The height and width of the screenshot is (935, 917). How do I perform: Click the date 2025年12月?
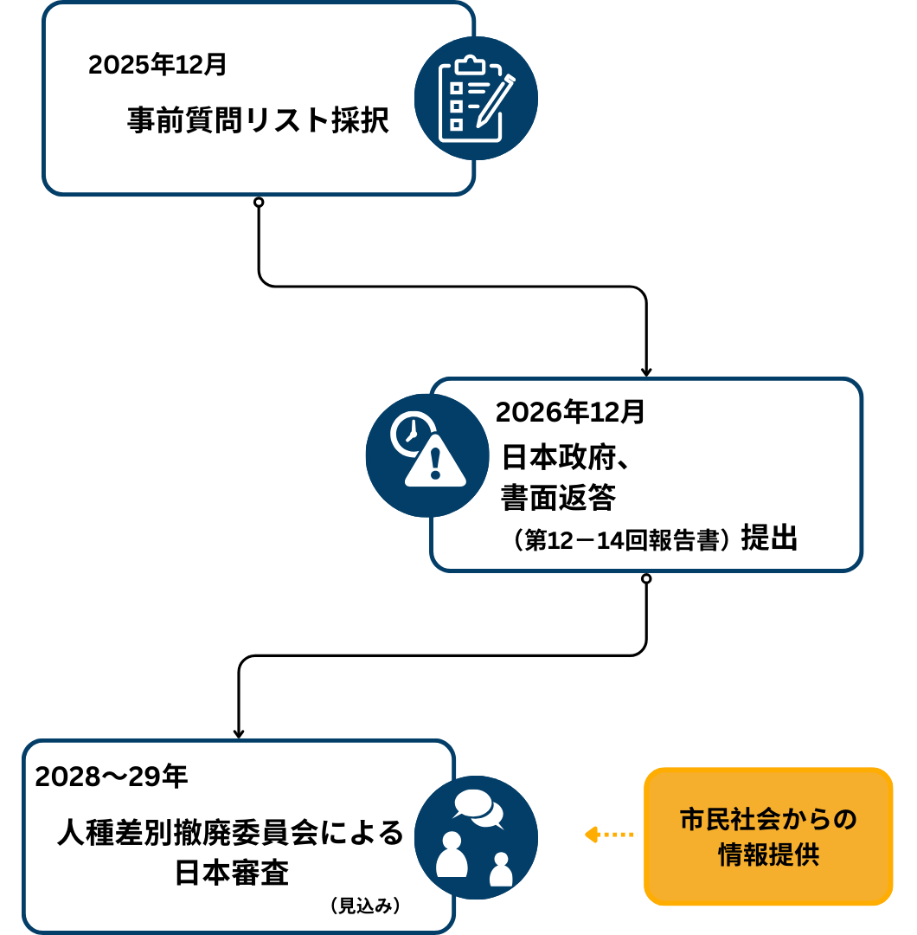point(157,66)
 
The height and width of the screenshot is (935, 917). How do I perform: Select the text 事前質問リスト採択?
point(258,120)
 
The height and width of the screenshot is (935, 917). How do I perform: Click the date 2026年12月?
point(570,413)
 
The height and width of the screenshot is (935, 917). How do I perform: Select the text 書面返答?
point(558,498)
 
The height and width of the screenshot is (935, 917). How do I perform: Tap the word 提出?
point(769,538)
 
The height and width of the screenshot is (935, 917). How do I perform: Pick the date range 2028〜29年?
point(112,777)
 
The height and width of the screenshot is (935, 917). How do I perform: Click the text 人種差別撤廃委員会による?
point(230,834)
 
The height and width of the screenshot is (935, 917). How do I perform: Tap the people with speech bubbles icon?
point(476,837)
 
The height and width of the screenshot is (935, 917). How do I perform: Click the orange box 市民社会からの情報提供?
point(768,836)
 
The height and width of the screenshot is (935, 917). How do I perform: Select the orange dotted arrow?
point(609,835)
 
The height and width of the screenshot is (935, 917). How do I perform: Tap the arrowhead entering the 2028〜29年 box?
point(239,733)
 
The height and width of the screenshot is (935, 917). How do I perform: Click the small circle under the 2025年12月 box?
point(258,202)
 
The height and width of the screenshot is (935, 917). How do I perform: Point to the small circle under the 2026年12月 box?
point(646,578)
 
